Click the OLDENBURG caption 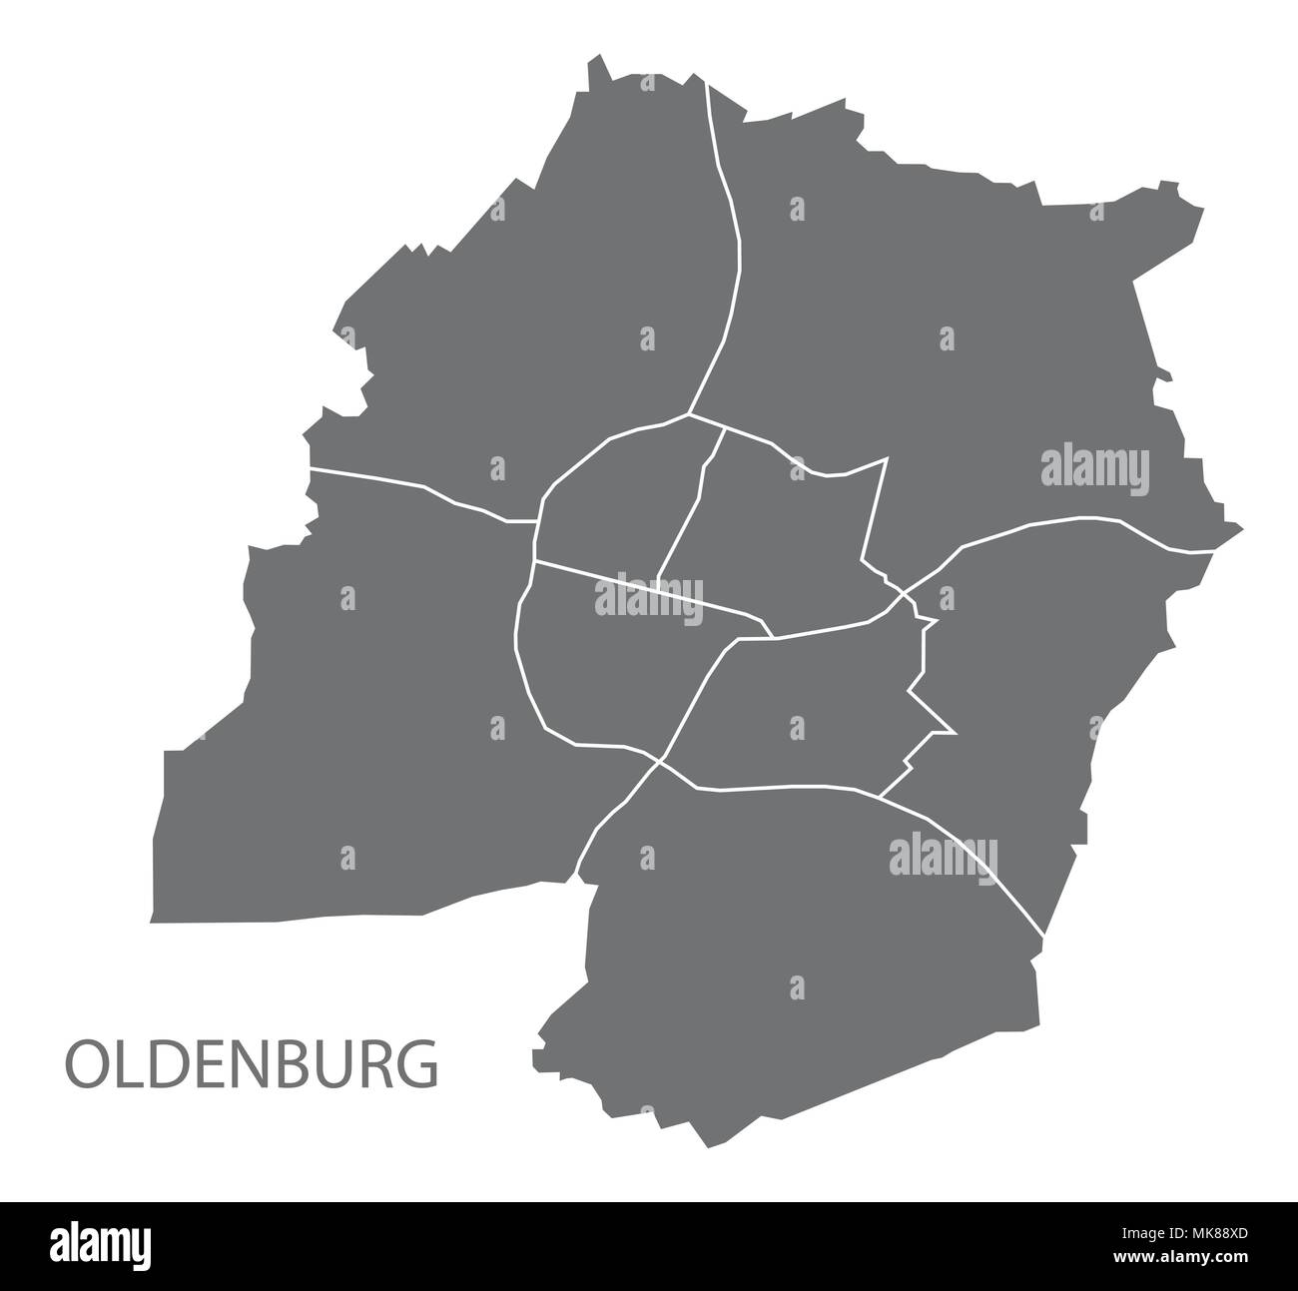tap(252, 1064)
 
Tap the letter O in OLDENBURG tap(85, 1065)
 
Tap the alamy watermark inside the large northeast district tap(1095, 467)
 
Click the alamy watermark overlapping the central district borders tap(649, 599)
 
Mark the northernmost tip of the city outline tap(598, 58)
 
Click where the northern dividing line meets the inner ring tap(688, 412)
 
